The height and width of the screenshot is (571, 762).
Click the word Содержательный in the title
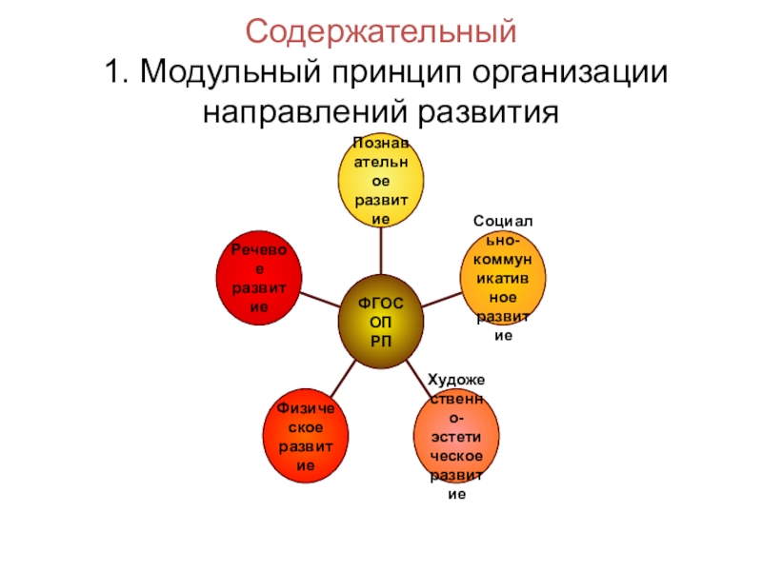381,33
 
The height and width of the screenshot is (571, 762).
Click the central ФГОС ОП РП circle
380,323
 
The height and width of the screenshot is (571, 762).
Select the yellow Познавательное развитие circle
381,181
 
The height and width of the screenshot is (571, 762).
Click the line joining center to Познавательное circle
381,251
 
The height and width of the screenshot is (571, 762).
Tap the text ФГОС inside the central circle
380,304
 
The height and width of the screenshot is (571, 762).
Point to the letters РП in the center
380,341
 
